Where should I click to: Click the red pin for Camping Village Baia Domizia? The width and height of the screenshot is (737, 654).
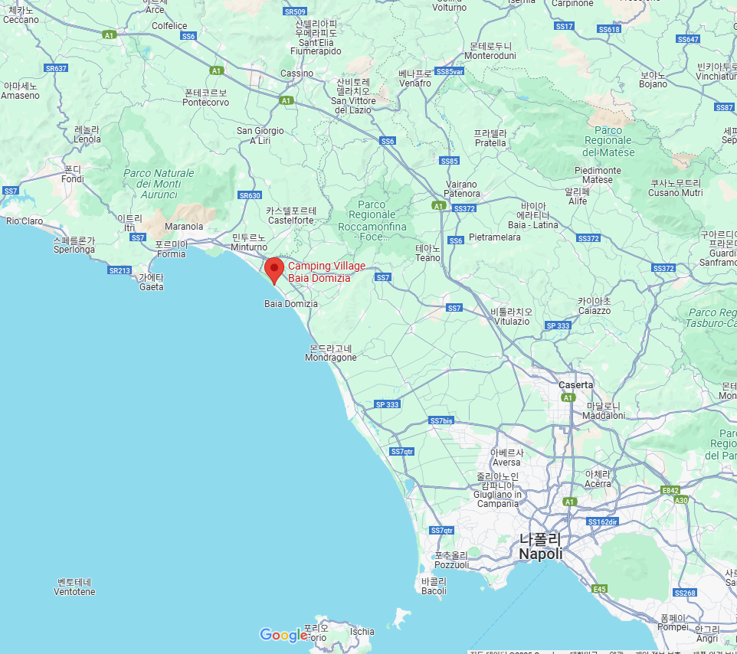(x=274, y=270)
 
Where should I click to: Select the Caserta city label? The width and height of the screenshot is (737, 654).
(x=575, y=384)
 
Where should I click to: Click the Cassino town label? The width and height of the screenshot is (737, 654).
(x=296, y=74)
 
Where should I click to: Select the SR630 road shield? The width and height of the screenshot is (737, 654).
(x=250, y=195)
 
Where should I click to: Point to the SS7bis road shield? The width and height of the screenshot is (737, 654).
(x=441, y=421)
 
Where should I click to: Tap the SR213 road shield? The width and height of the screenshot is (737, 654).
(x=120, y=270)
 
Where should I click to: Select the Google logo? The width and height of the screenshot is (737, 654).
(x=283, y=635)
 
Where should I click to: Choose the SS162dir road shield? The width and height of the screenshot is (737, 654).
(x=602, y=522)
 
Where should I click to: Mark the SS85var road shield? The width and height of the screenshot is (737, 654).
(x=449, y=71)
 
